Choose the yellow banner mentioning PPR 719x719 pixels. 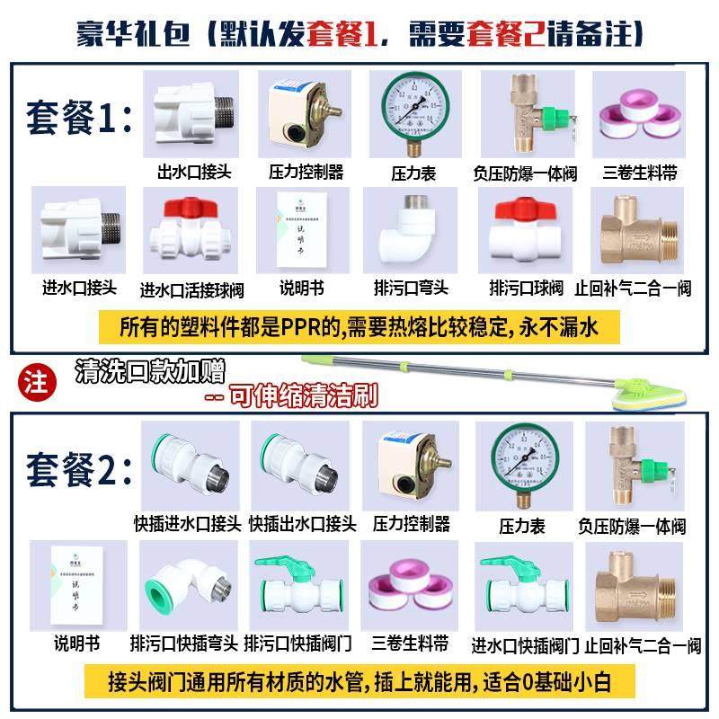(359, 327)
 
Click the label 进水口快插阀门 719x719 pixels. (525, 644)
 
